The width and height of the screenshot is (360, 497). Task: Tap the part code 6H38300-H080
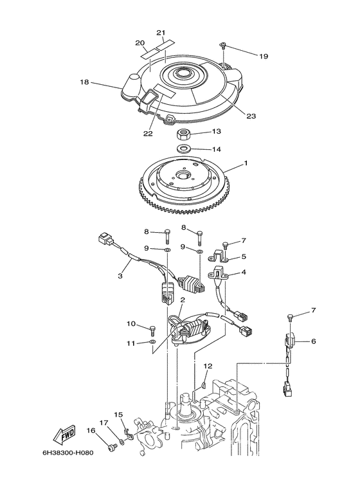pos(68,452)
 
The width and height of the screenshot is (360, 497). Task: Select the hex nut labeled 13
pos(183,135)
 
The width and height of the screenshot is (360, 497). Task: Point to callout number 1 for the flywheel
pos(246,163)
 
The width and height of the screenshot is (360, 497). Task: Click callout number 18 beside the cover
pos(84,82)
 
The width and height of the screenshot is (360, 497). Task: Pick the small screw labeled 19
pos(224,46)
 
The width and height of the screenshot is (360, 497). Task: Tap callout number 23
pos(251,116)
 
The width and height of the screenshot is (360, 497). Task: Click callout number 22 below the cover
pos(148,134)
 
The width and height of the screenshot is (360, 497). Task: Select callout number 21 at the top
pos(161,33)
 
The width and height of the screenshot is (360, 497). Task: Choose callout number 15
pos(118,414)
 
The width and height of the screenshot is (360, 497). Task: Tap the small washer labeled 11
pos(152,342)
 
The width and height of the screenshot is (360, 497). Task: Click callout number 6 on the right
pos(314,341)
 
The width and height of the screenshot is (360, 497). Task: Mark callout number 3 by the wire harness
pos(120,276)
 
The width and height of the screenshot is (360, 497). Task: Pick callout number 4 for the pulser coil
pos(244,272)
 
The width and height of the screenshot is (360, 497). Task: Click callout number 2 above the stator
pos(183,300)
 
